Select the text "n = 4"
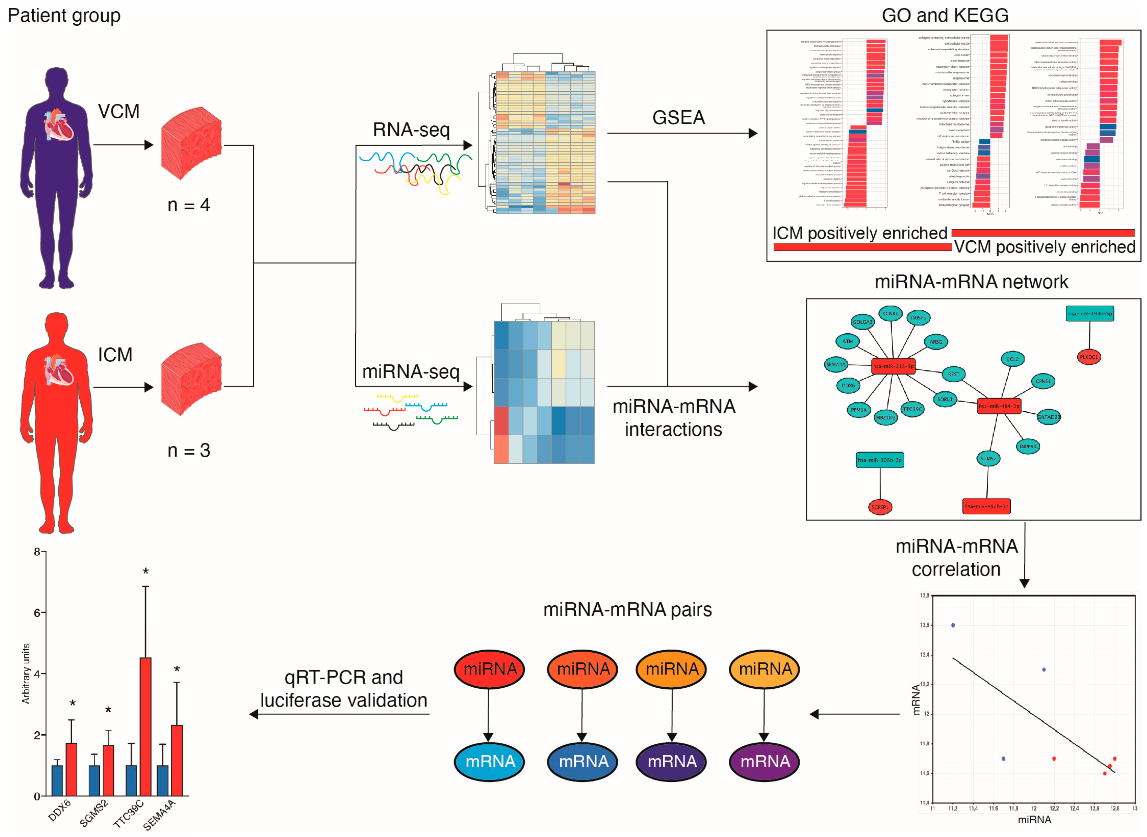pos(188,205)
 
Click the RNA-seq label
pos(411,130)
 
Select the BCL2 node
pos(1012,359)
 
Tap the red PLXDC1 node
pos(1088,357)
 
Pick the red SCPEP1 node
pos(880,507)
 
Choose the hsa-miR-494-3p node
pos(998,406)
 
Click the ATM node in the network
pos(847,342)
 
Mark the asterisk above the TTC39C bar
pos(146,571)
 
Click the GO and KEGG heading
pos(944,16)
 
